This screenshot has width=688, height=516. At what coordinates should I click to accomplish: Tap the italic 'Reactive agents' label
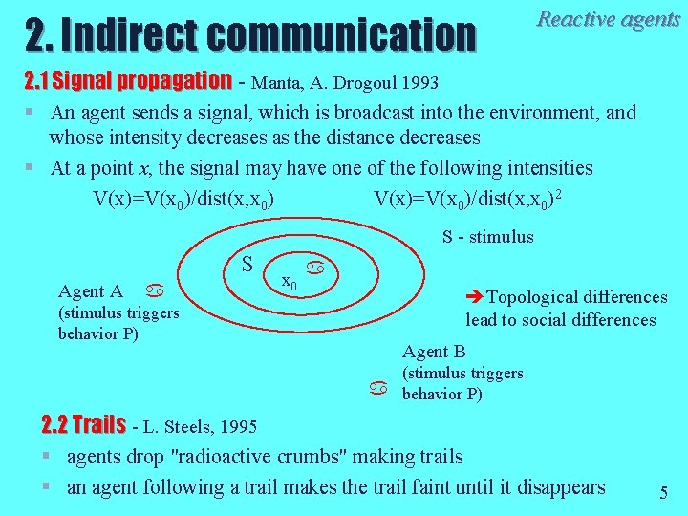coord(609,19)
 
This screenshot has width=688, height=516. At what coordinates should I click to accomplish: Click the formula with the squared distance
coord(467,199)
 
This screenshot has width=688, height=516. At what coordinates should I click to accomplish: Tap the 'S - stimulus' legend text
coord(487,237)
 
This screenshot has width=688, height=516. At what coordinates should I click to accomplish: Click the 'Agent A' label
coord(90,291)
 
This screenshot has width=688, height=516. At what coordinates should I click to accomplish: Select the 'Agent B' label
coord(433,351)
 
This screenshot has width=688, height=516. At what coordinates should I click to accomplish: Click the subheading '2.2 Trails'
coord(84,424)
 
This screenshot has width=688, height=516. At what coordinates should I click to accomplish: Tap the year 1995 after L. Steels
coord(238,426)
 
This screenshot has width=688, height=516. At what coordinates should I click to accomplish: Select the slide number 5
coord(663,493)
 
